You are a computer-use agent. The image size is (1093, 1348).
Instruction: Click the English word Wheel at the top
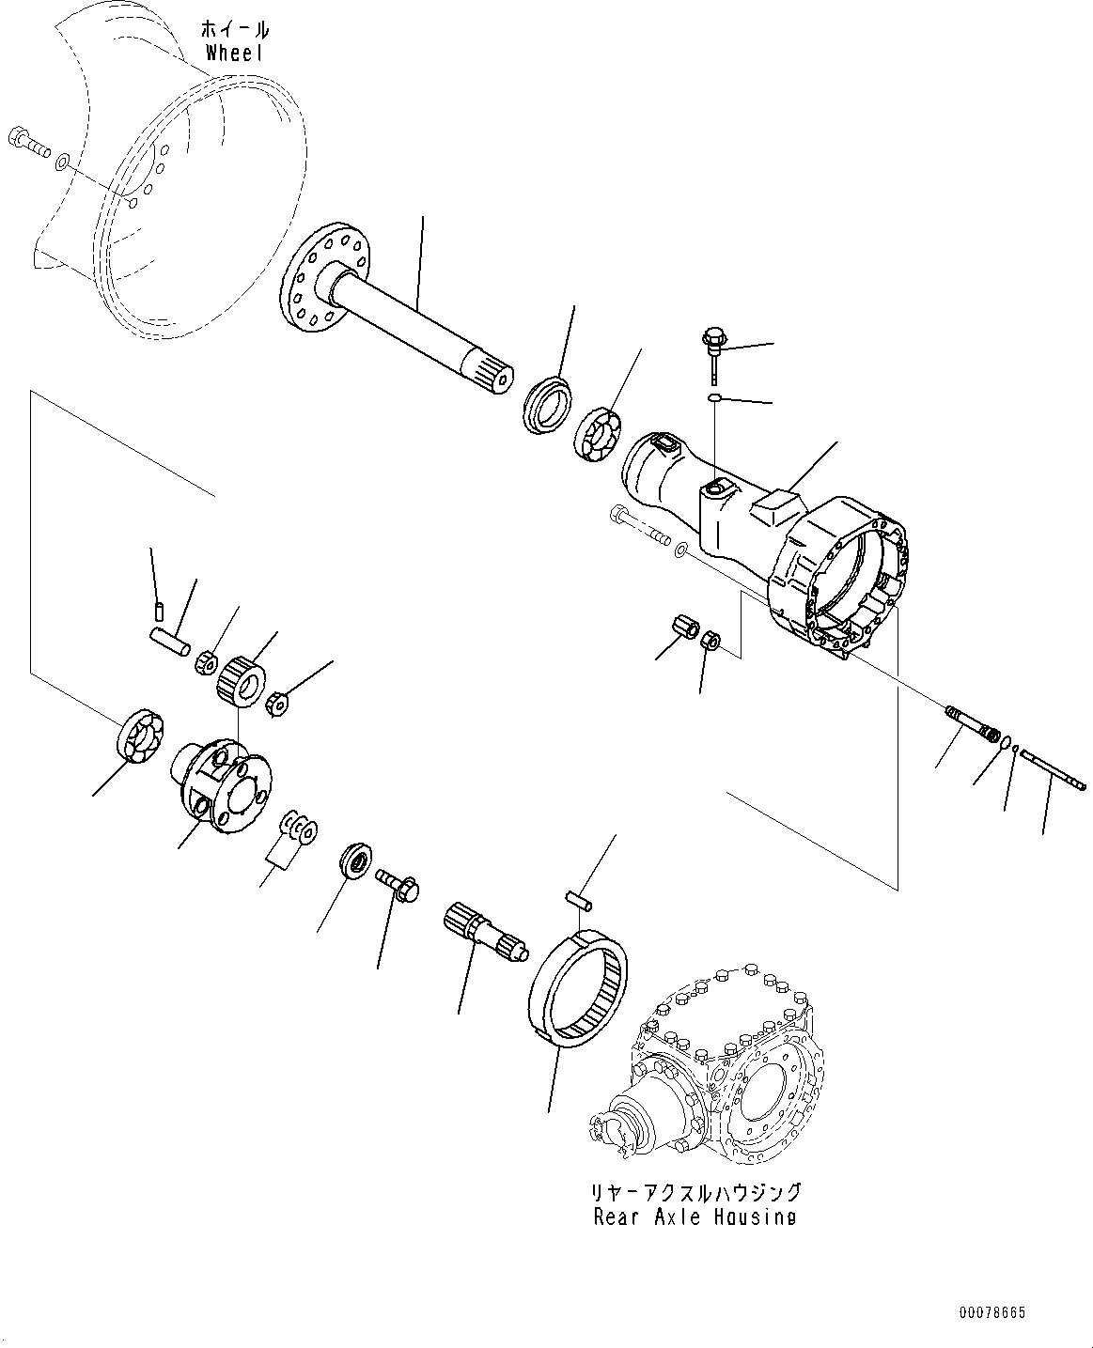234,53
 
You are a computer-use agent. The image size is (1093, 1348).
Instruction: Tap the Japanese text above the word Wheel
235,28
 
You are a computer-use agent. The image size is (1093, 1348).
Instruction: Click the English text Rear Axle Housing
695,1216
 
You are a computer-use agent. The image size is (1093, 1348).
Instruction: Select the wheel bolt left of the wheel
28,144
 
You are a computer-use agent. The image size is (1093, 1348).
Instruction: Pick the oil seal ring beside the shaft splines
546,405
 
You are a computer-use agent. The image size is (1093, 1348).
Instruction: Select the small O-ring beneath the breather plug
714,399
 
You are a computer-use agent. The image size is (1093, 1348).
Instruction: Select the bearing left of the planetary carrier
142,733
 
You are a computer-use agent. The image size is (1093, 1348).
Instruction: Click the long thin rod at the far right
1054,772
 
